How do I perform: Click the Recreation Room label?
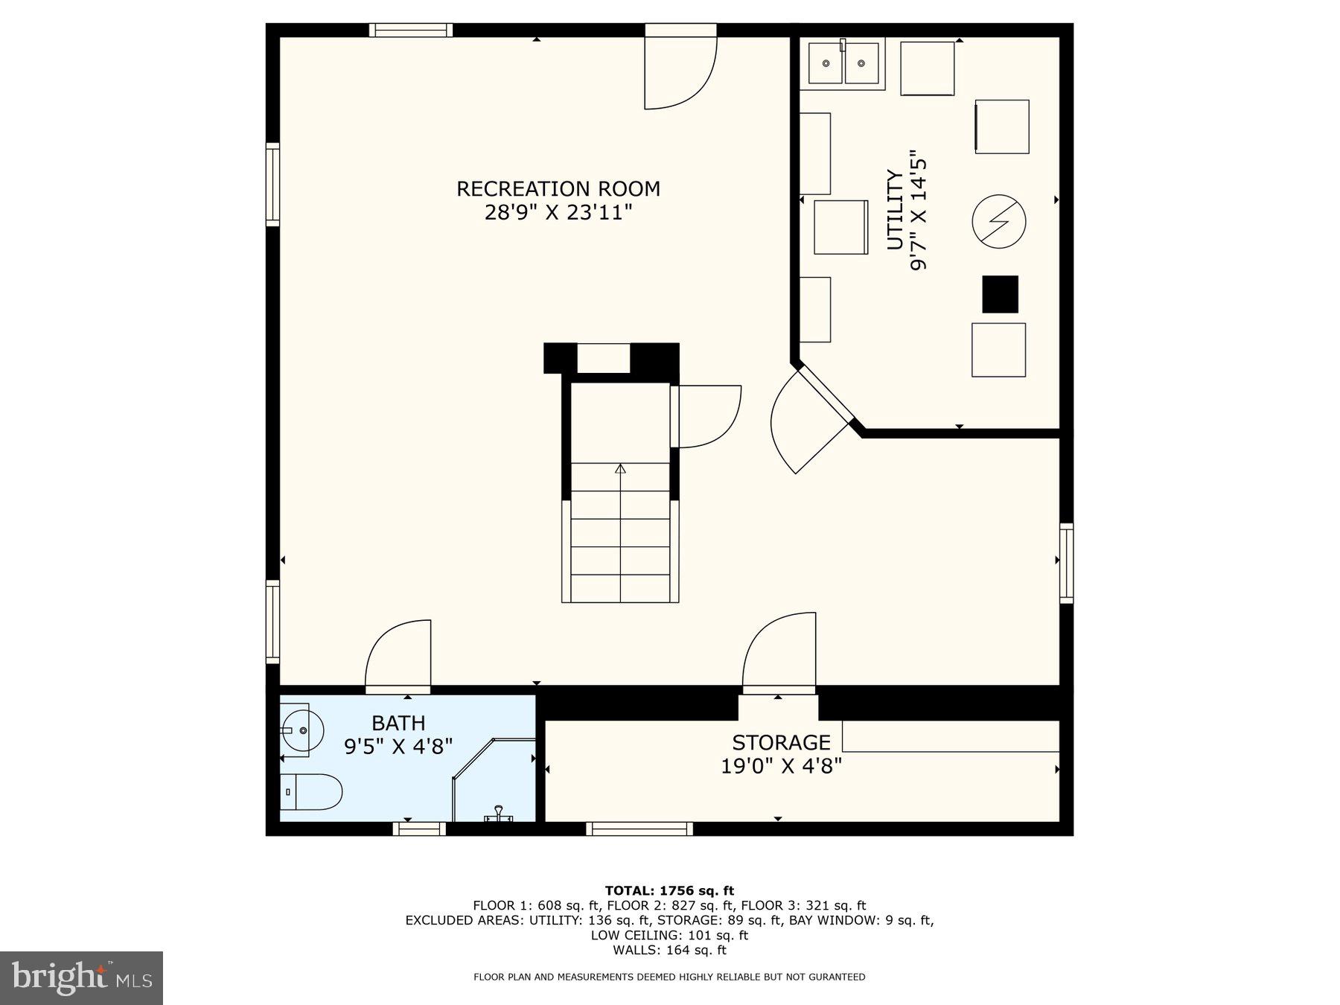point(558,189)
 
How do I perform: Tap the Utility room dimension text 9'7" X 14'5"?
point(919,211)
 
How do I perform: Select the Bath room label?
point(398,723)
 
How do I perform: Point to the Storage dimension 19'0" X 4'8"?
point(781,765)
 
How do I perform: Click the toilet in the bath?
point(311,791)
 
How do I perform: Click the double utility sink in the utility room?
point(843,64)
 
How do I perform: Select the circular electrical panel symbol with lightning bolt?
point(999,221)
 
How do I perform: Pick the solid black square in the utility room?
point(1000,294)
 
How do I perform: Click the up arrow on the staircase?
point(620,468)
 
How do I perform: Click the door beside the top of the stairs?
point(707,416)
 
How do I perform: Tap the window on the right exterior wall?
point(1066,563)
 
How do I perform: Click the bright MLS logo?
point(81,977)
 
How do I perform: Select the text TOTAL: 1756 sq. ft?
point(669,890)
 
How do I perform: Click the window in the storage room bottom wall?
point(639,829)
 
